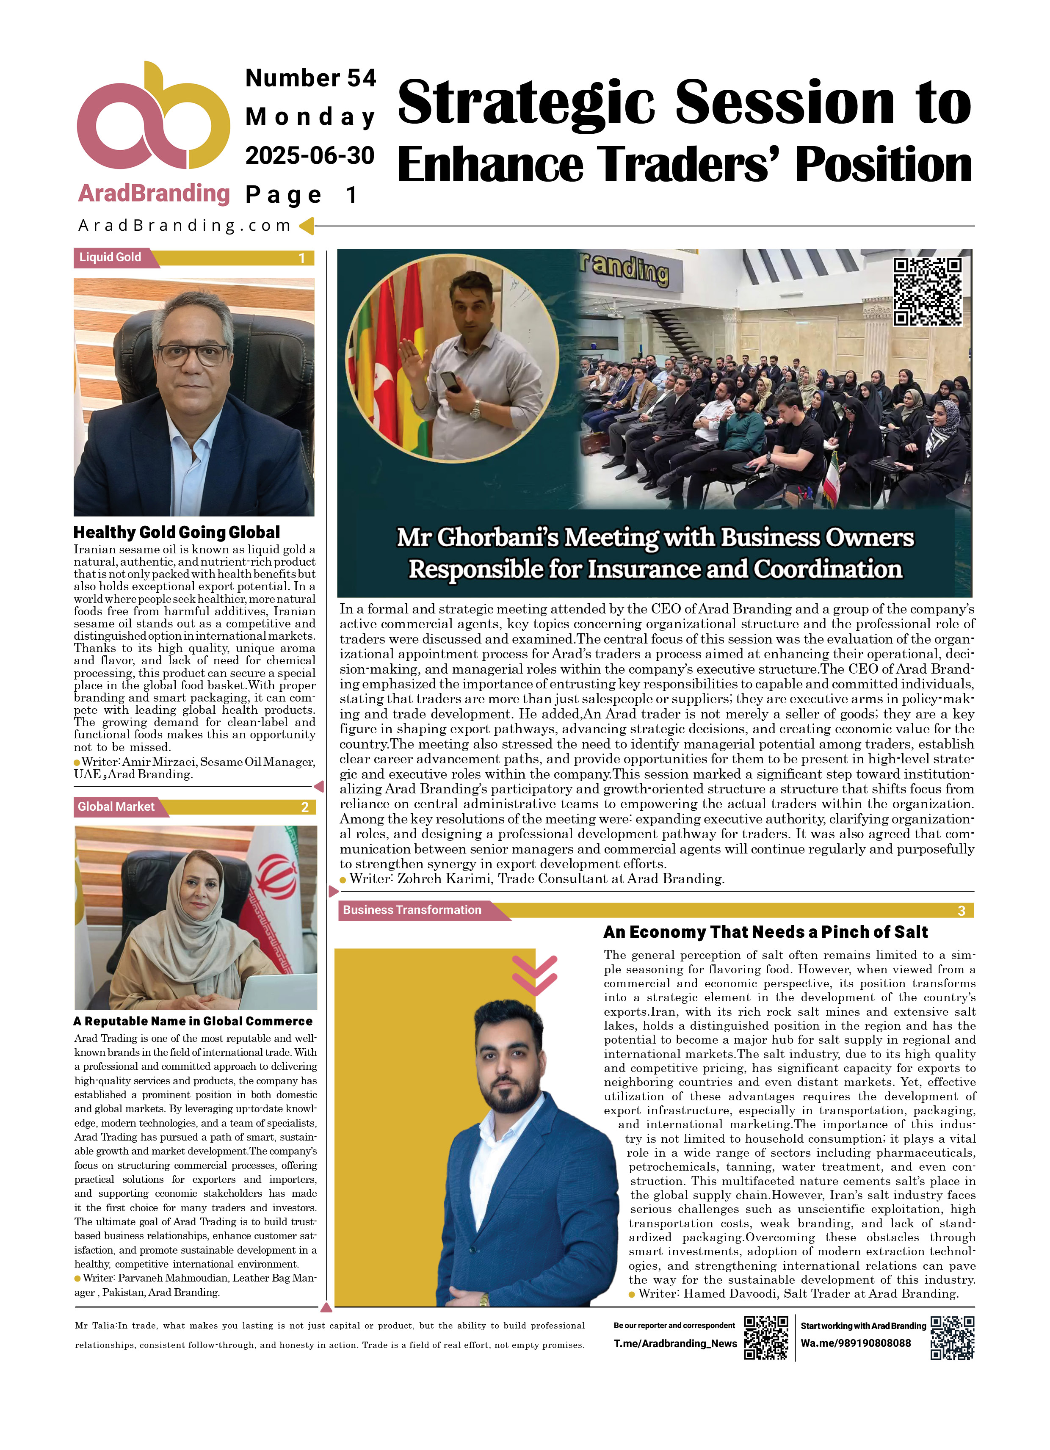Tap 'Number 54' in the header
click(x=311, y=78)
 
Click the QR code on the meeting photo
click(x=927, y=292)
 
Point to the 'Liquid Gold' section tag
click(x=111, y=257)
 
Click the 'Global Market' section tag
click(x=116, y=807)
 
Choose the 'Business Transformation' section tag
click(x=412, y=910)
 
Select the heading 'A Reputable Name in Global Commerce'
click(x=193, y=1021)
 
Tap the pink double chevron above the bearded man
click(x=535, y=975)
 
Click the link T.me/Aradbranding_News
click(x=675, y=1343)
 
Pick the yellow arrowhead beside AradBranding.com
click(x=306, y=225)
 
